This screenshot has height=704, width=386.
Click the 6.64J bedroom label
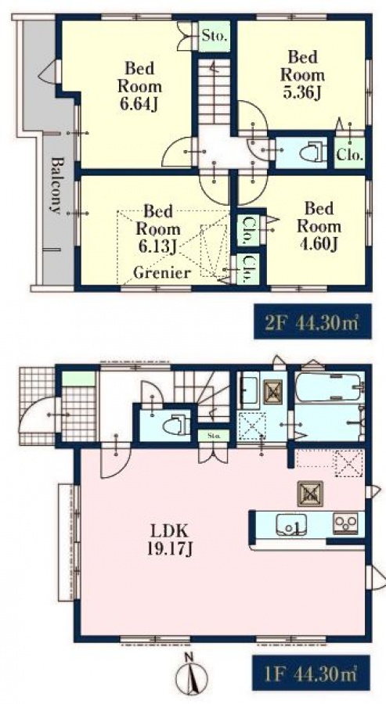[139, 87]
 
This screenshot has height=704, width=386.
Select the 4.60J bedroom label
[319, 226]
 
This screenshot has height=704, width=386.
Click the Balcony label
[56, 185]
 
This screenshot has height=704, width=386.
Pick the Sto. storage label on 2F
[214, 35]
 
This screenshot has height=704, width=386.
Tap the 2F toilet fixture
[311, 153]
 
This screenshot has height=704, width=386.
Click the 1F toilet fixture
[175, 425]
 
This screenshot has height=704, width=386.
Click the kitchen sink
[291, 525]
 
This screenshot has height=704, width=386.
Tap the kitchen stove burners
[345, 523]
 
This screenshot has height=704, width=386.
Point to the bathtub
[329, 387]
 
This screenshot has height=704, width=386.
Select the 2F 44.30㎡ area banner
[312, 321]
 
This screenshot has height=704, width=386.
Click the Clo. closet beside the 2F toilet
[350, 154]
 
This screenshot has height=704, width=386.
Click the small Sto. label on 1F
[214, 435]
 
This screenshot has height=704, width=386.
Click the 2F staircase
[214, 92]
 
